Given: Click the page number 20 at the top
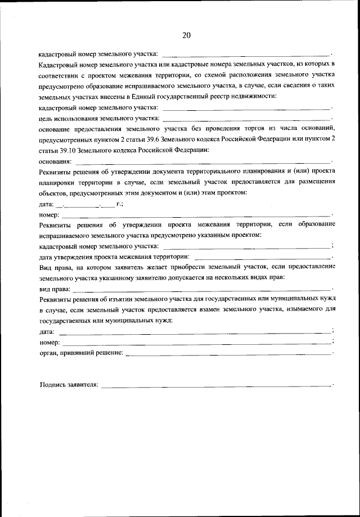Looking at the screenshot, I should point(186,35).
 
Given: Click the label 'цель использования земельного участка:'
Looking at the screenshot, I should point(100,118).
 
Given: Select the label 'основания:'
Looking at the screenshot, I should point(55,160).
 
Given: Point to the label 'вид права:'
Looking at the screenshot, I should point(55,288).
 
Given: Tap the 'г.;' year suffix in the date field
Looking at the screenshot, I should point(119,203).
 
